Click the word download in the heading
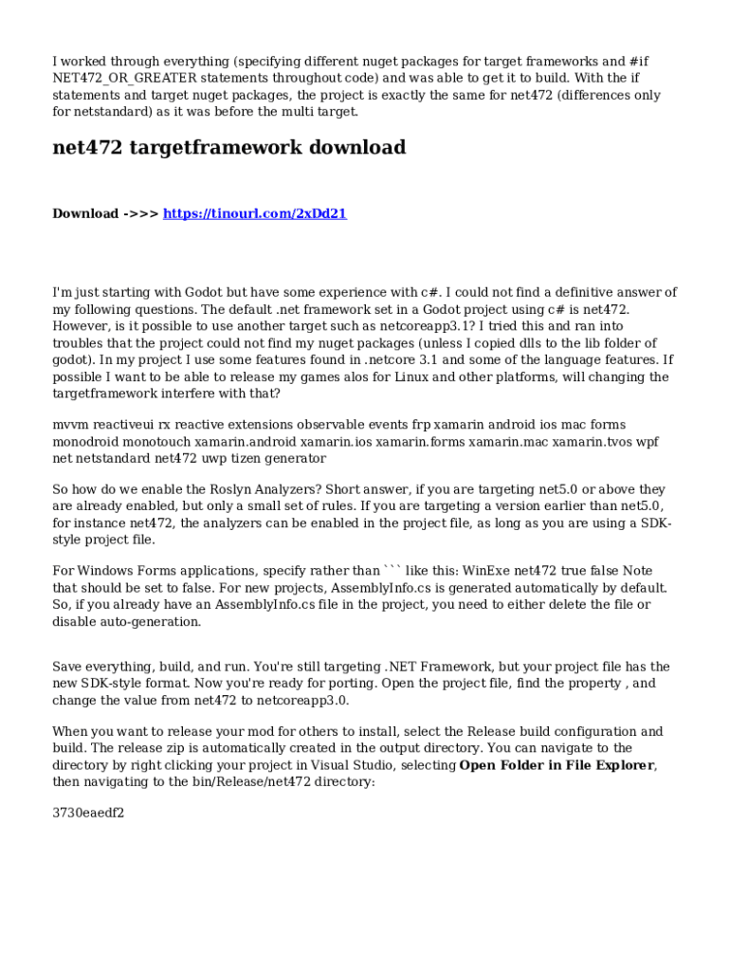(x=356, y=148)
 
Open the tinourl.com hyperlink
(x=255, y=213)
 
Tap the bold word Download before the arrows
(x=85, y=213)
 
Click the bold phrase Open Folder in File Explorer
(x=557, y=765)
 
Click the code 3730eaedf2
(x=88, y=813)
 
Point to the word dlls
(x=530, y=343)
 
